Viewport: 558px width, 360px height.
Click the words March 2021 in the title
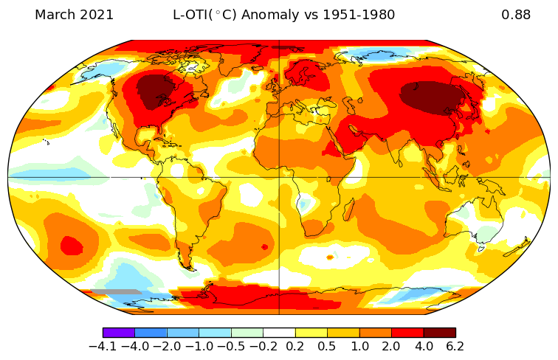[74, 15]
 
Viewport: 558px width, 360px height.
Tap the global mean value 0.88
[516, 15]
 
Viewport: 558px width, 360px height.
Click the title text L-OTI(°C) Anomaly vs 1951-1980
[283, 15]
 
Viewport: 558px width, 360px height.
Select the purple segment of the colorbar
[118, 333]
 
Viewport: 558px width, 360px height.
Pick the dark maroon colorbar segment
[439, 333]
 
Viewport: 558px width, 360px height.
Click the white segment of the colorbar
[279, 333]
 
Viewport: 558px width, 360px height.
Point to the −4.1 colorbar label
[103, 347]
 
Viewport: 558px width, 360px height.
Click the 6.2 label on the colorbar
[455, 347]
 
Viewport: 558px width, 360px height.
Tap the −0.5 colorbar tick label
[231, 347]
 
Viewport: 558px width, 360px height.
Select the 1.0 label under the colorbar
[359, 347]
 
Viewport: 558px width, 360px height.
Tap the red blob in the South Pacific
[71, 244]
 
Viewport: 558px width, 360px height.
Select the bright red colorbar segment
[407, 333]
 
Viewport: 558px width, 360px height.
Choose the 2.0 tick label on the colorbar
[391, 347]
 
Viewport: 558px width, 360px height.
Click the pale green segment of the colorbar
[247, 333]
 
